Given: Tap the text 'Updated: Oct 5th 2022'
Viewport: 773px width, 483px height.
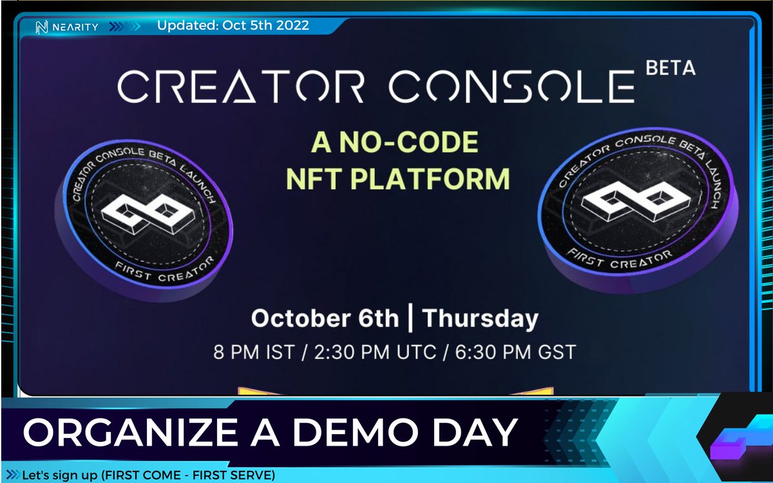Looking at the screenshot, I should point(233,26).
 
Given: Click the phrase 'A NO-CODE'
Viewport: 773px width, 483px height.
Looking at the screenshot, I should point(394,143).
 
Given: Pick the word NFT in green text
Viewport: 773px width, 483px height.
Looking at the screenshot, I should point(312,178).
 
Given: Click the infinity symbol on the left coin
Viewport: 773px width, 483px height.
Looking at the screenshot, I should point(143,216).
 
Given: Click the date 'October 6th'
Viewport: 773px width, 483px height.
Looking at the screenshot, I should point(325,319).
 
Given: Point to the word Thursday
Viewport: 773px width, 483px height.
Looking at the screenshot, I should point(480,319).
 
